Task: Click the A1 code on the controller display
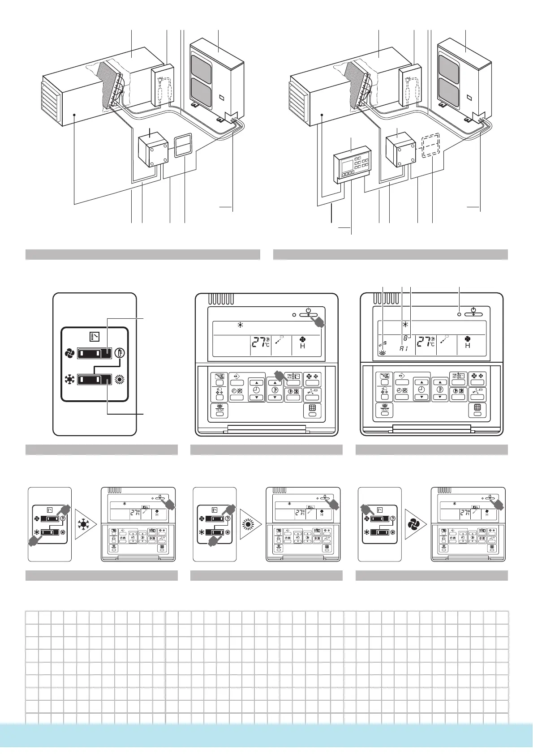click(x=404, y=348)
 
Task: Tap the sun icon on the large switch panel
click(x=119, y=380)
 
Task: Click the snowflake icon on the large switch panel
click(x=69, y=380)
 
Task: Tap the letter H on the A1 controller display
click(x=468, y=346)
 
